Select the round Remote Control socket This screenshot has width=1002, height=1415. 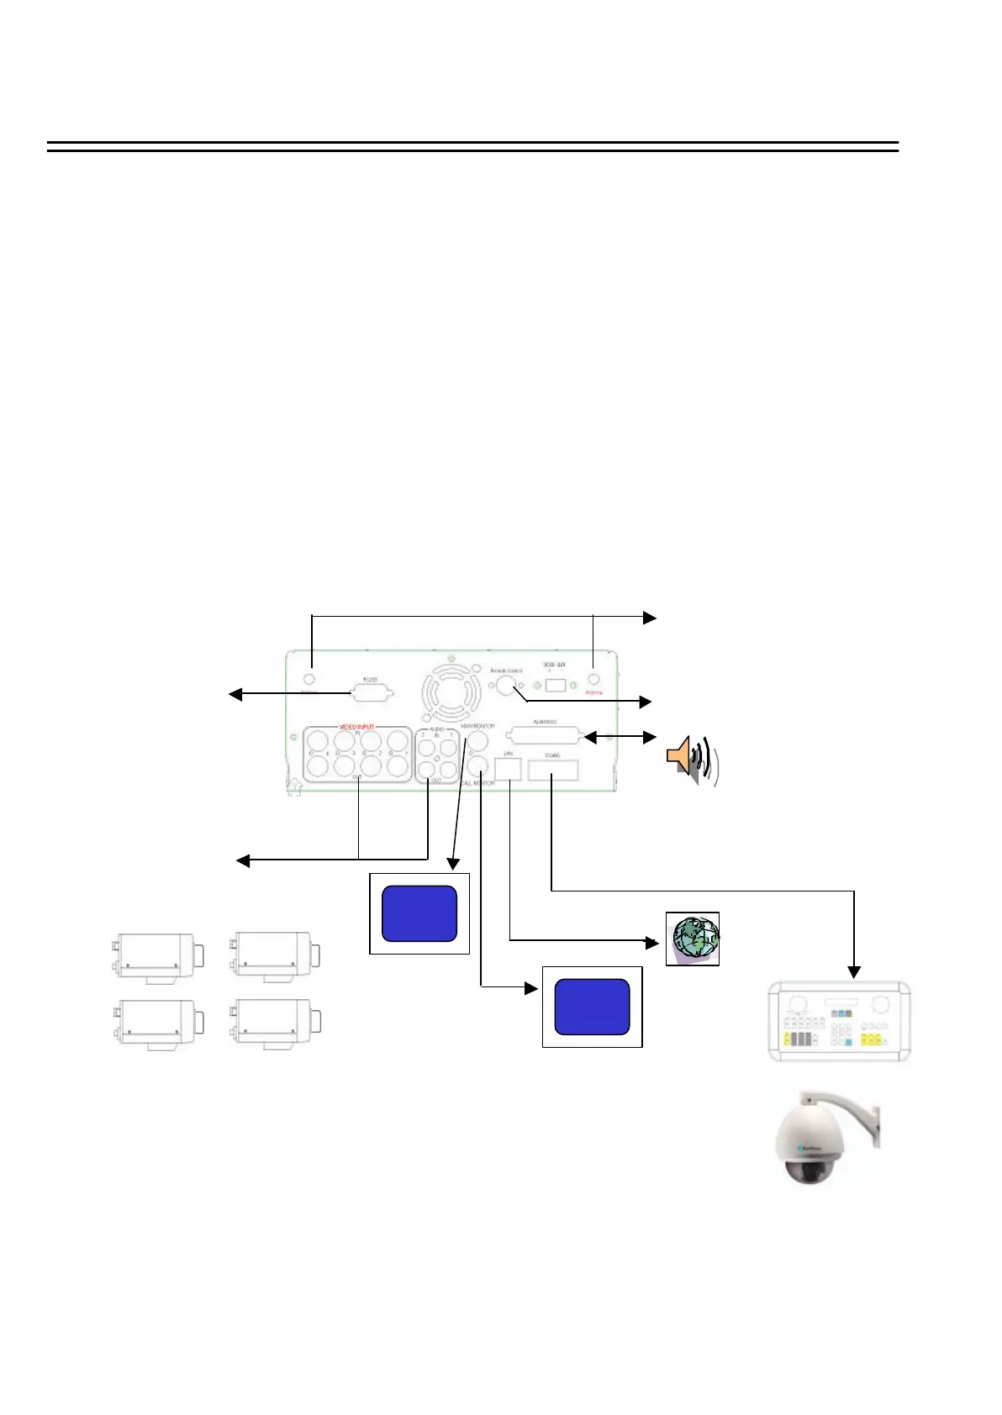click(504, 686)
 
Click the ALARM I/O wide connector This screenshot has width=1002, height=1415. click(545, 737)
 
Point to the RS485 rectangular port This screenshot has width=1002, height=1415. click(552, 769)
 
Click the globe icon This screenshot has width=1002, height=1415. click(692, 938)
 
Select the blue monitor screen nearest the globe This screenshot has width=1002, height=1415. click(592, 1007)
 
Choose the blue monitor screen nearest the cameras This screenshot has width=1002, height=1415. click(419, 913)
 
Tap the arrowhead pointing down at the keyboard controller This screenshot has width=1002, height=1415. click(854, 973)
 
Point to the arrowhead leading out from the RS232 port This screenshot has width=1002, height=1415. click(236, 694)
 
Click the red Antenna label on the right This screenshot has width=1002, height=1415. click(594, 692)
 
